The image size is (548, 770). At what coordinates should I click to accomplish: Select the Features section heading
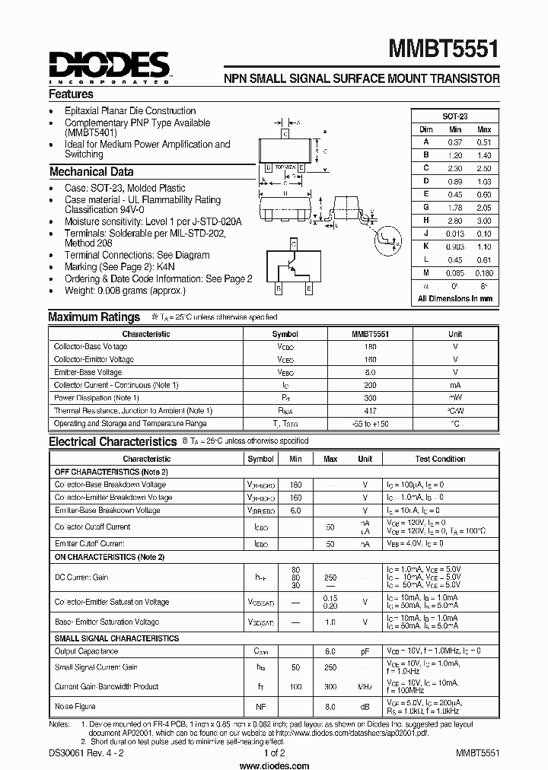click(x=72, y=94)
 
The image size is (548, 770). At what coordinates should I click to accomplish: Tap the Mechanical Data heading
click(x=91, y=172)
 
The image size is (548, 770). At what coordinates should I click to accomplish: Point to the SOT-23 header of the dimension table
click(x=455, y=116)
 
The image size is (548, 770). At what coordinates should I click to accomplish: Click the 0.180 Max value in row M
click(x=484, y=272)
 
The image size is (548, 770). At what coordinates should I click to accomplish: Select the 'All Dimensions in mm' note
click(x=455, y=299)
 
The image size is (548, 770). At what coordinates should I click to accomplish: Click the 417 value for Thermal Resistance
click(x=370, y=411)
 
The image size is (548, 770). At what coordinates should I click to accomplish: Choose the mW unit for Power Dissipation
click(x=455, y=398)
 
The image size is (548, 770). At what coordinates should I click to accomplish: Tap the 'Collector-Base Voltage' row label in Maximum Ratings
click(x=91, y=346)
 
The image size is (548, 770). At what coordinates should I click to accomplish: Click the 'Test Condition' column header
click(x=440, y=459)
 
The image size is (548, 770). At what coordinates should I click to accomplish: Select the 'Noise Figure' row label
click(x=75, y=707)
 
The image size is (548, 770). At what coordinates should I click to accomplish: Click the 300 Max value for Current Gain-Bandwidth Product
click(x=330, y=686)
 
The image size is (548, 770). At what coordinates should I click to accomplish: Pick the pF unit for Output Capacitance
click(x=365, y=651)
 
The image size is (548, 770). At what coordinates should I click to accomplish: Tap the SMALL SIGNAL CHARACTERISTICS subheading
click(x=116, y=638)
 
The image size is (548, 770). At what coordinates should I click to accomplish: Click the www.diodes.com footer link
click(x=274, y=764)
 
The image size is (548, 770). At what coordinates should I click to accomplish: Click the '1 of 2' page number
click(x=274, y=752)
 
